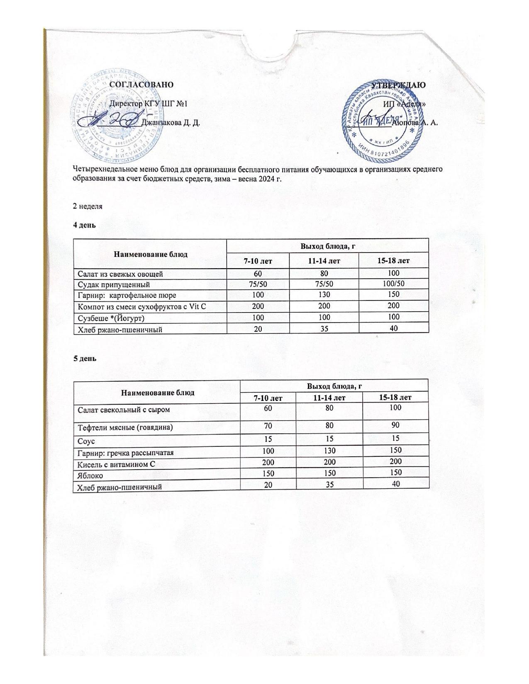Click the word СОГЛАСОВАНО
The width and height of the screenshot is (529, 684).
click(141, 84)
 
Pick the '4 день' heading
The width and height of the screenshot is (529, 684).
click(85, 225)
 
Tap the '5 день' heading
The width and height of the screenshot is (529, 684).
click(85, 359)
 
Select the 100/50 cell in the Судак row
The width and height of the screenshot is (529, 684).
click(394, 284)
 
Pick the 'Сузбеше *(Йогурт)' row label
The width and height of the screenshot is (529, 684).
click(112, 318)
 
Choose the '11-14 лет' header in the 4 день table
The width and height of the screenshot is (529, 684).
click(326, 261)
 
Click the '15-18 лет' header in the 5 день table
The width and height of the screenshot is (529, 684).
click(396, 398)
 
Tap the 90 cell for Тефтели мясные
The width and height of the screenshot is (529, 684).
click(396, 425)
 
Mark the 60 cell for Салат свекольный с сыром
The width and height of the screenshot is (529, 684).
click(268, 408)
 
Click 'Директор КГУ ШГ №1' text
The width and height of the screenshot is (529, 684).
click(148, 103)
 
